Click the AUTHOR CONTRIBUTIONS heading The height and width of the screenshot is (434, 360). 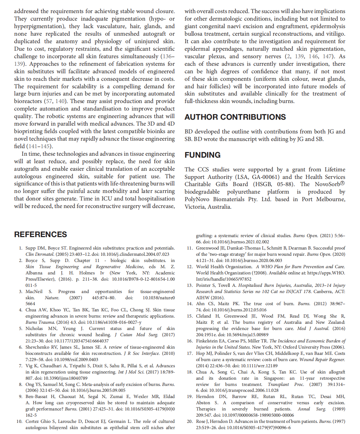235,117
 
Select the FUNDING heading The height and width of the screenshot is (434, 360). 202,155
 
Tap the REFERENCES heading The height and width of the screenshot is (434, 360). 40,234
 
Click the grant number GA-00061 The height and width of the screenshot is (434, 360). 261,177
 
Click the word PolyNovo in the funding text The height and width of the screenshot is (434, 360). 197,200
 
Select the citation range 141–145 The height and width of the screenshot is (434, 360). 39,147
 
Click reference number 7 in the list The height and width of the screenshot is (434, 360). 21,366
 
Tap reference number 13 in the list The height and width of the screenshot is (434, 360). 189,285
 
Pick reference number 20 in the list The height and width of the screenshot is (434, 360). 189,421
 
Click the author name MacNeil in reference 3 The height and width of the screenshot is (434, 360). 34,291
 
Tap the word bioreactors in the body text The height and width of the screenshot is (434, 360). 28,101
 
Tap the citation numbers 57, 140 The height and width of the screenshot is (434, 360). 55,101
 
